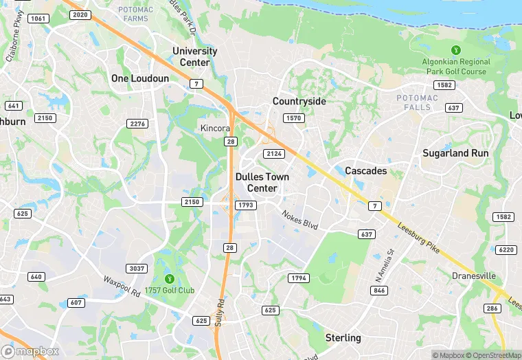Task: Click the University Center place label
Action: click(x=194, y=56)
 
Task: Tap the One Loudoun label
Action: click(x=140, y=79)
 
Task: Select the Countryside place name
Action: click(x=299, y=101)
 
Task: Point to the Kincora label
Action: click(x=214, y=128)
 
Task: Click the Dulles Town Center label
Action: click(x=262, y=182)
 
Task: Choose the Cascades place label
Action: click(x=365, y=170)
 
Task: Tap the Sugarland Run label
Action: click(x=455, y=153)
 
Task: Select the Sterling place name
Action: click(x=343, y=338)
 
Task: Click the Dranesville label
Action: click(x=474, y=276)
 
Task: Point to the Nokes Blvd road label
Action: click(x=300, y=220)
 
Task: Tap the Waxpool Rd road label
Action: click(x=122, y=286)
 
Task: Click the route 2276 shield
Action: click(x=137, y=124)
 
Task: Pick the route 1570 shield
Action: click(x=293, y=118)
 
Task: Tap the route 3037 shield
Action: click(x=137, y=268)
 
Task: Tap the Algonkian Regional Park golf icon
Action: click(x=455, y=50)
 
